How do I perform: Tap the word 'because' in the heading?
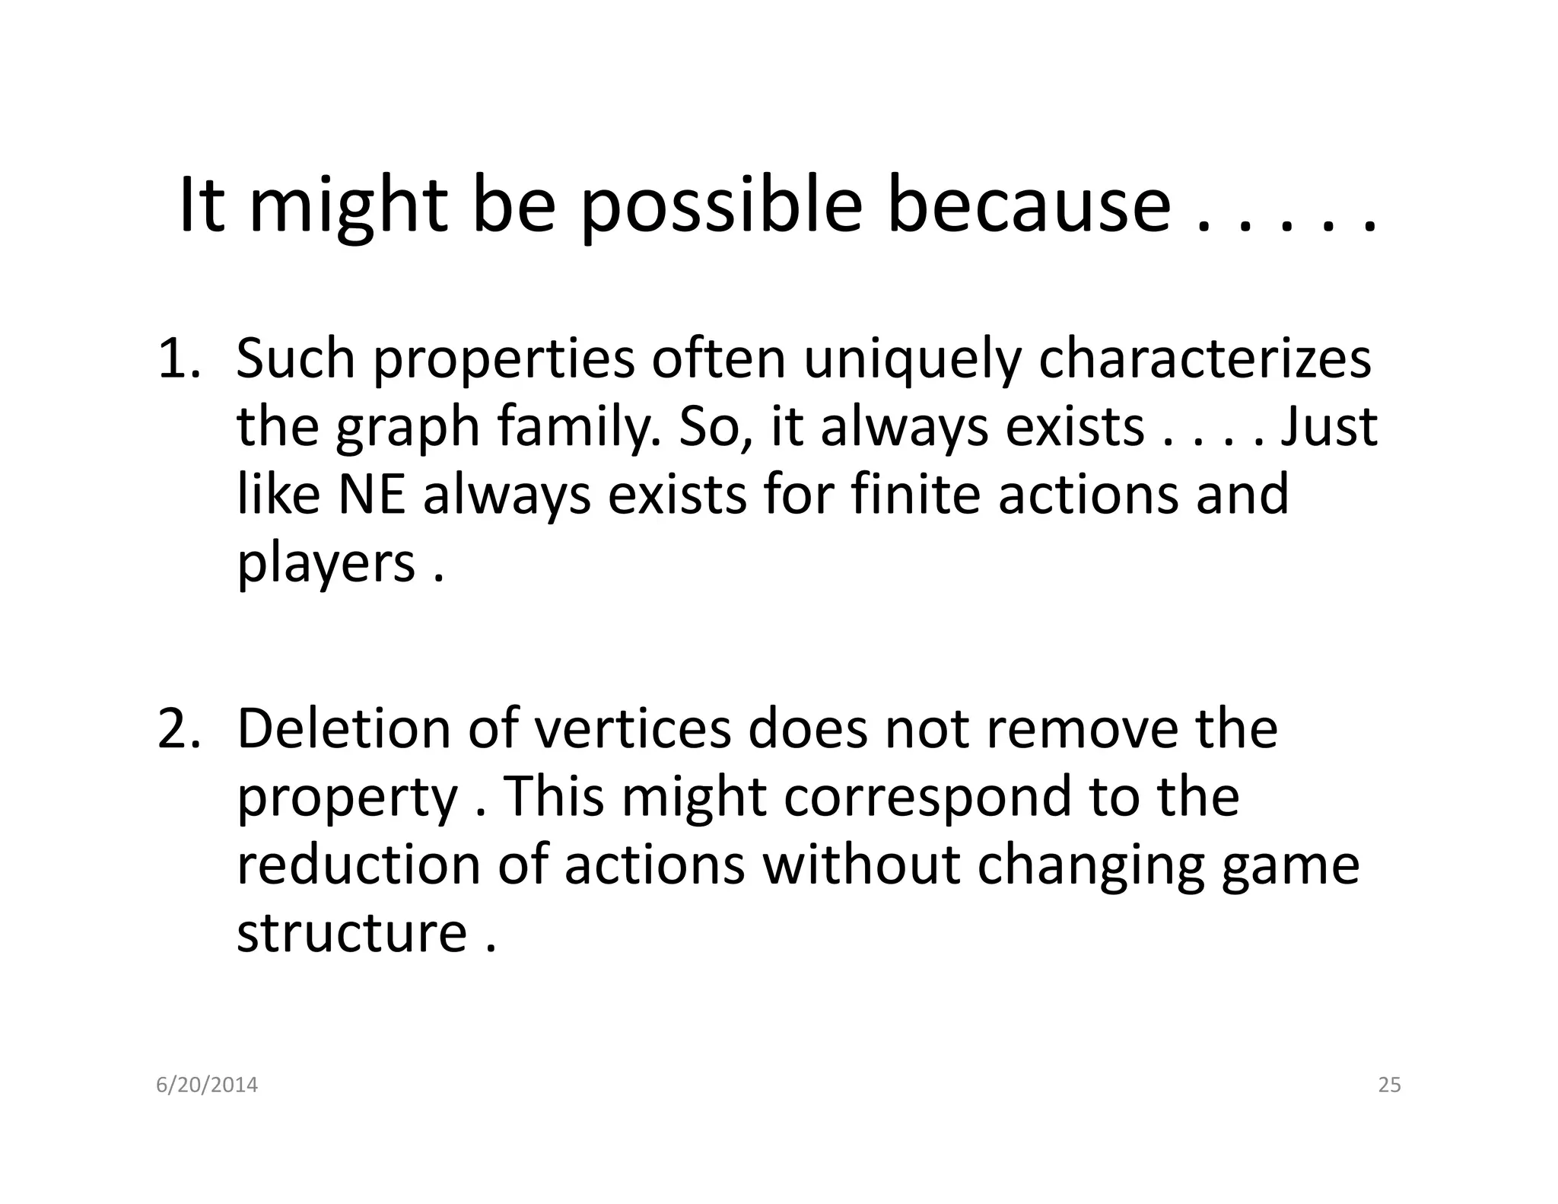(1029, 207)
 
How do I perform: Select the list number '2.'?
(180, 729)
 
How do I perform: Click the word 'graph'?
(408, 428)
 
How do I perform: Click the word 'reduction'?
(358, 865)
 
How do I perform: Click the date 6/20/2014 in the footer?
(207, 1085)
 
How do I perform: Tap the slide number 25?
(1389, 1085)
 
